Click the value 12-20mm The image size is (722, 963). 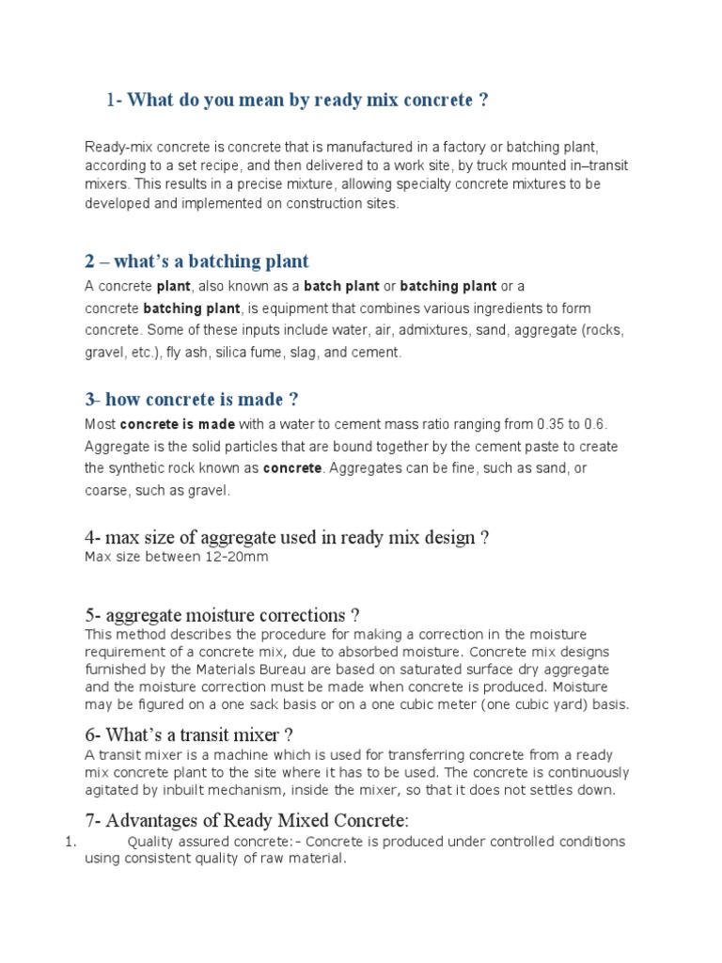[236, 558]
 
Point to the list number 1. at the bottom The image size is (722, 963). [69, 842]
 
